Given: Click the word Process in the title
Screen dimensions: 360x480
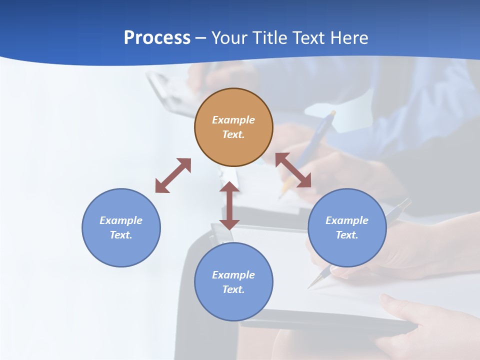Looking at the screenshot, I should [157, 38].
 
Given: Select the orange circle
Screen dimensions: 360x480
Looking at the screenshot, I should [233, 145].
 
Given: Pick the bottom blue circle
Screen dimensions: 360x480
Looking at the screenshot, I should [233, 305].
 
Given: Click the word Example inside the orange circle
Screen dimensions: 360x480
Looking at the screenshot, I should [233, 120].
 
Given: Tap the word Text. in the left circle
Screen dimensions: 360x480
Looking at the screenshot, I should [121, 235].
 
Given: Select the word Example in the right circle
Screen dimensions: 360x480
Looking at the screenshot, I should [347, 220].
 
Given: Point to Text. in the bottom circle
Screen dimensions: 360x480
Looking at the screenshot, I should [233, 289].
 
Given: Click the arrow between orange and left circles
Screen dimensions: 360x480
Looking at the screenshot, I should [173, 175].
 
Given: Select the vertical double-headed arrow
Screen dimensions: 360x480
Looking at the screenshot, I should [229, 205].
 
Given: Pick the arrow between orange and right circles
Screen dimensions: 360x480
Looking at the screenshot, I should [293, 170].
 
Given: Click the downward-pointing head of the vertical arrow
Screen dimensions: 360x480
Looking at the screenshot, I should [229, 223].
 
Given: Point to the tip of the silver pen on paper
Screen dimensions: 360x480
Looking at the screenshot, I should [309, 287].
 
